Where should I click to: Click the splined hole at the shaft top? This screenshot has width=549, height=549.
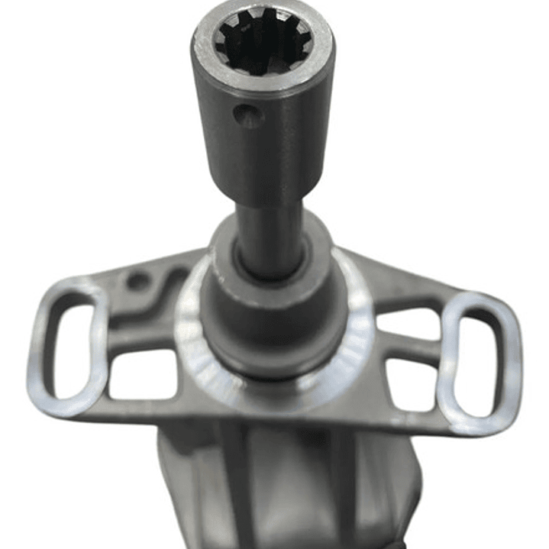(x=262, y=42)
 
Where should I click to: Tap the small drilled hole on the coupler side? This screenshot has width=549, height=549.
(x=247, y=116)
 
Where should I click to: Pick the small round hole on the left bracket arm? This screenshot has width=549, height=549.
(x=138, y=281)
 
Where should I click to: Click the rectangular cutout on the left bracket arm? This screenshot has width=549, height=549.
(x=142, y=374)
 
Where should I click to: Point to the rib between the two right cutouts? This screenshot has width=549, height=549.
(x=409, y=350)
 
